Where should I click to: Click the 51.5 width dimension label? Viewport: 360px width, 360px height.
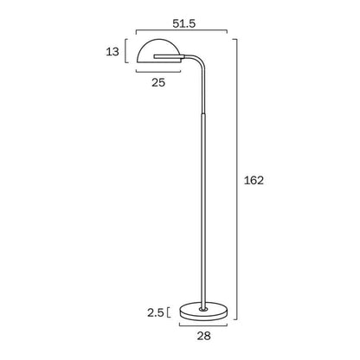point(183,23)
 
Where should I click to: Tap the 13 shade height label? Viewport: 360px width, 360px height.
point(112,52)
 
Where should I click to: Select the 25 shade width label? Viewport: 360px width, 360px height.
point(158,83)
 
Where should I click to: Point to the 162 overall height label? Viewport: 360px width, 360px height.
point(254,181)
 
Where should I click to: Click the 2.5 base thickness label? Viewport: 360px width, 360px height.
point(156,312)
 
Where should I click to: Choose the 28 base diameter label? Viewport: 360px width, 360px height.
point(204,336)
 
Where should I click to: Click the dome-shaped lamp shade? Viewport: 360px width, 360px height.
point(159,51)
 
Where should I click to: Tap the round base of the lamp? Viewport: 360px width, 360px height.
point(203,312)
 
